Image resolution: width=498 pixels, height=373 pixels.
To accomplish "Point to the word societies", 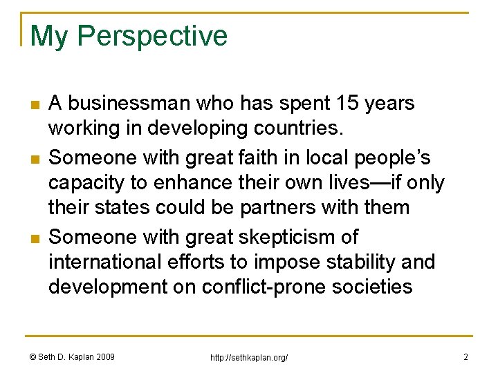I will pos(373,286).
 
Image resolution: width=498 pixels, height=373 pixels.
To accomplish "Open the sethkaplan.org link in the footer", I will pos(248,357).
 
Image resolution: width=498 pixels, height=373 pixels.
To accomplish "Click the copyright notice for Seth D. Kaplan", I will pos(73,356).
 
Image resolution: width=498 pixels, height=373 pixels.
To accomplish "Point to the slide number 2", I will pos(465,356).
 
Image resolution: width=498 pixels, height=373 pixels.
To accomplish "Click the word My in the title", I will pos(49,36).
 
